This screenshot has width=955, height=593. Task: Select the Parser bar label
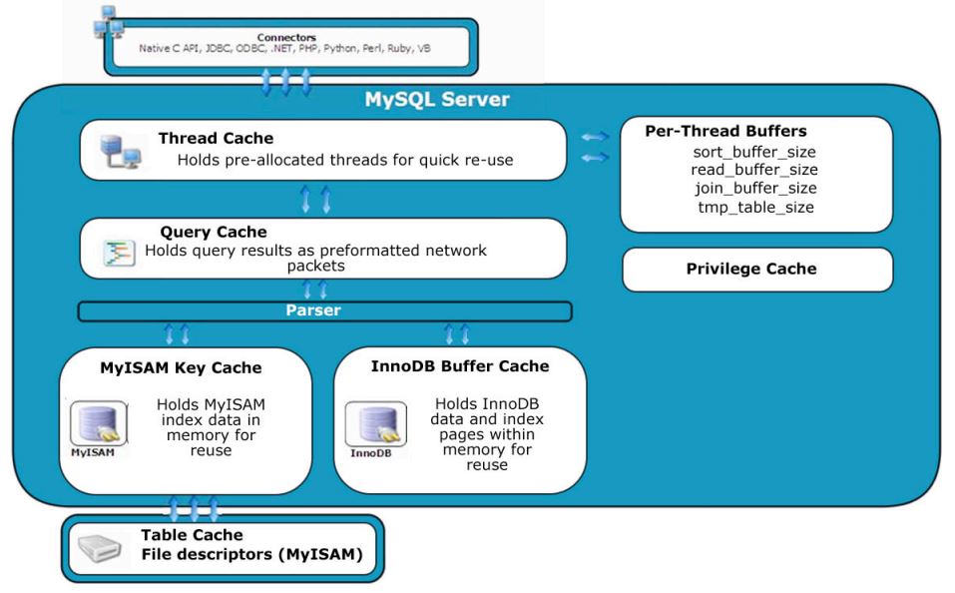coord(323,311)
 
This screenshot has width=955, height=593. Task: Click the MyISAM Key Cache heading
coord(181,367)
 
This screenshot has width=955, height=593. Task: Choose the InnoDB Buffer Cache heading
coord(460,365)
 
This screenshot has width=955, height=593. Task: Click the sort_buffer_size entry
coord(753,153)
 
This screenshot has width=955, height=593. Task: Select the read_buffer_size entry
coord(753,171)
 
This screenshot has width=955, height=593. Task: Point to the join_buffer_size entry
coord(755,189)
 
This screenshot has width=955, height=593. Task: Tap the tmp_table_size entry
coord(755,207)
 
